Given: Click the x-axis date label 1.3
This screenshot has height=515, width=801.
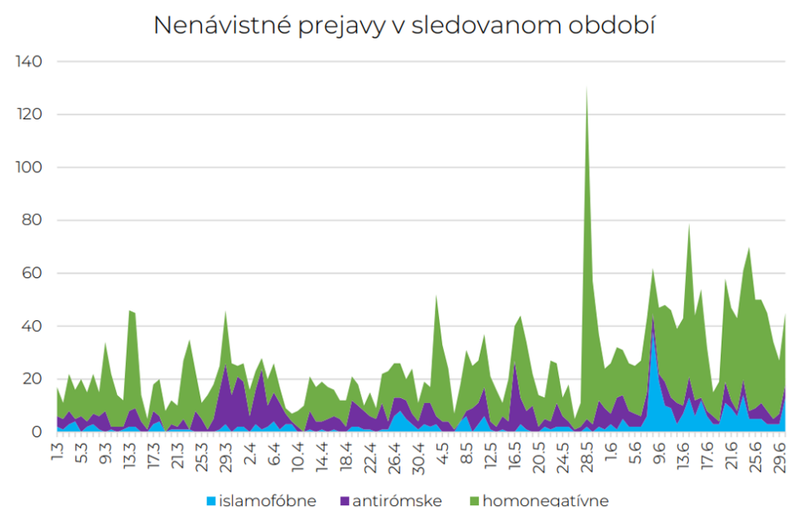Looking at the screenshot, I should point(58,450).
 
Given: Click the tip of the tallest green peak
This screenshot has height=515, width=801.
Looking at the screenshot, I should point(587,87).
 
